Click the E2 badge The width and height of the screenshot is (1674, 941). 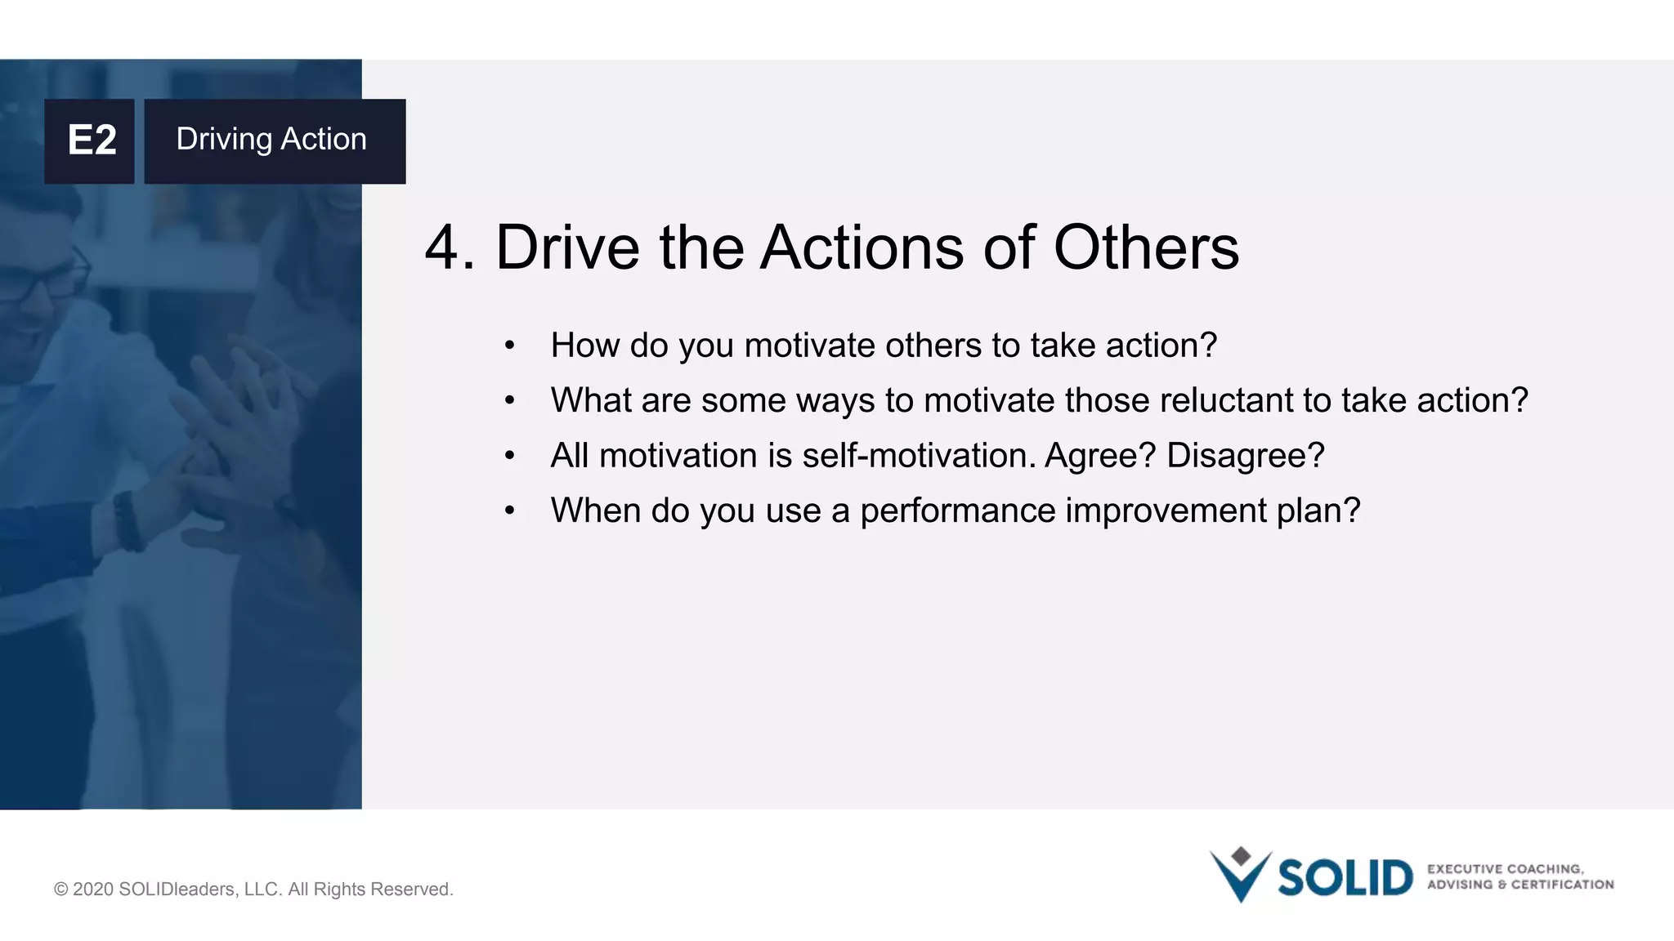[x=90, y=140]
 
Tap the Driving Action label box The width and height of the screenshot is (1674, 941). [x=275, y=140]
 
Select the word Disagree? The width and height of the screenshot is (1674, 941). [x=1244, y=456]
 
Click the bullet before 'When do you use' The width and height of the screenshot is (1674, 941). [x=509, y=511]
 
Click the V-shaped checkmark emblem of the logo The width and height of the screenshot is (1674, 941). [x=1240, y=876]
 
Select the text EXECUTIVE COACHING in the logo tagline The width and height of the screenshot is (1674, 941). [x=1505, y=869]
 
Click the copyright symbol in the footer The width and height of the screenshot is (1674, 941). [x=60, y=890]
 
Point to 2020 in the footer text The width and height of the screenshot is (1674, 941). [x=92, y=890]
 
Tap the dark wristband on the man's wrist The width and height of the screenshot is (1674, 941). [x=126, y=521]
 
